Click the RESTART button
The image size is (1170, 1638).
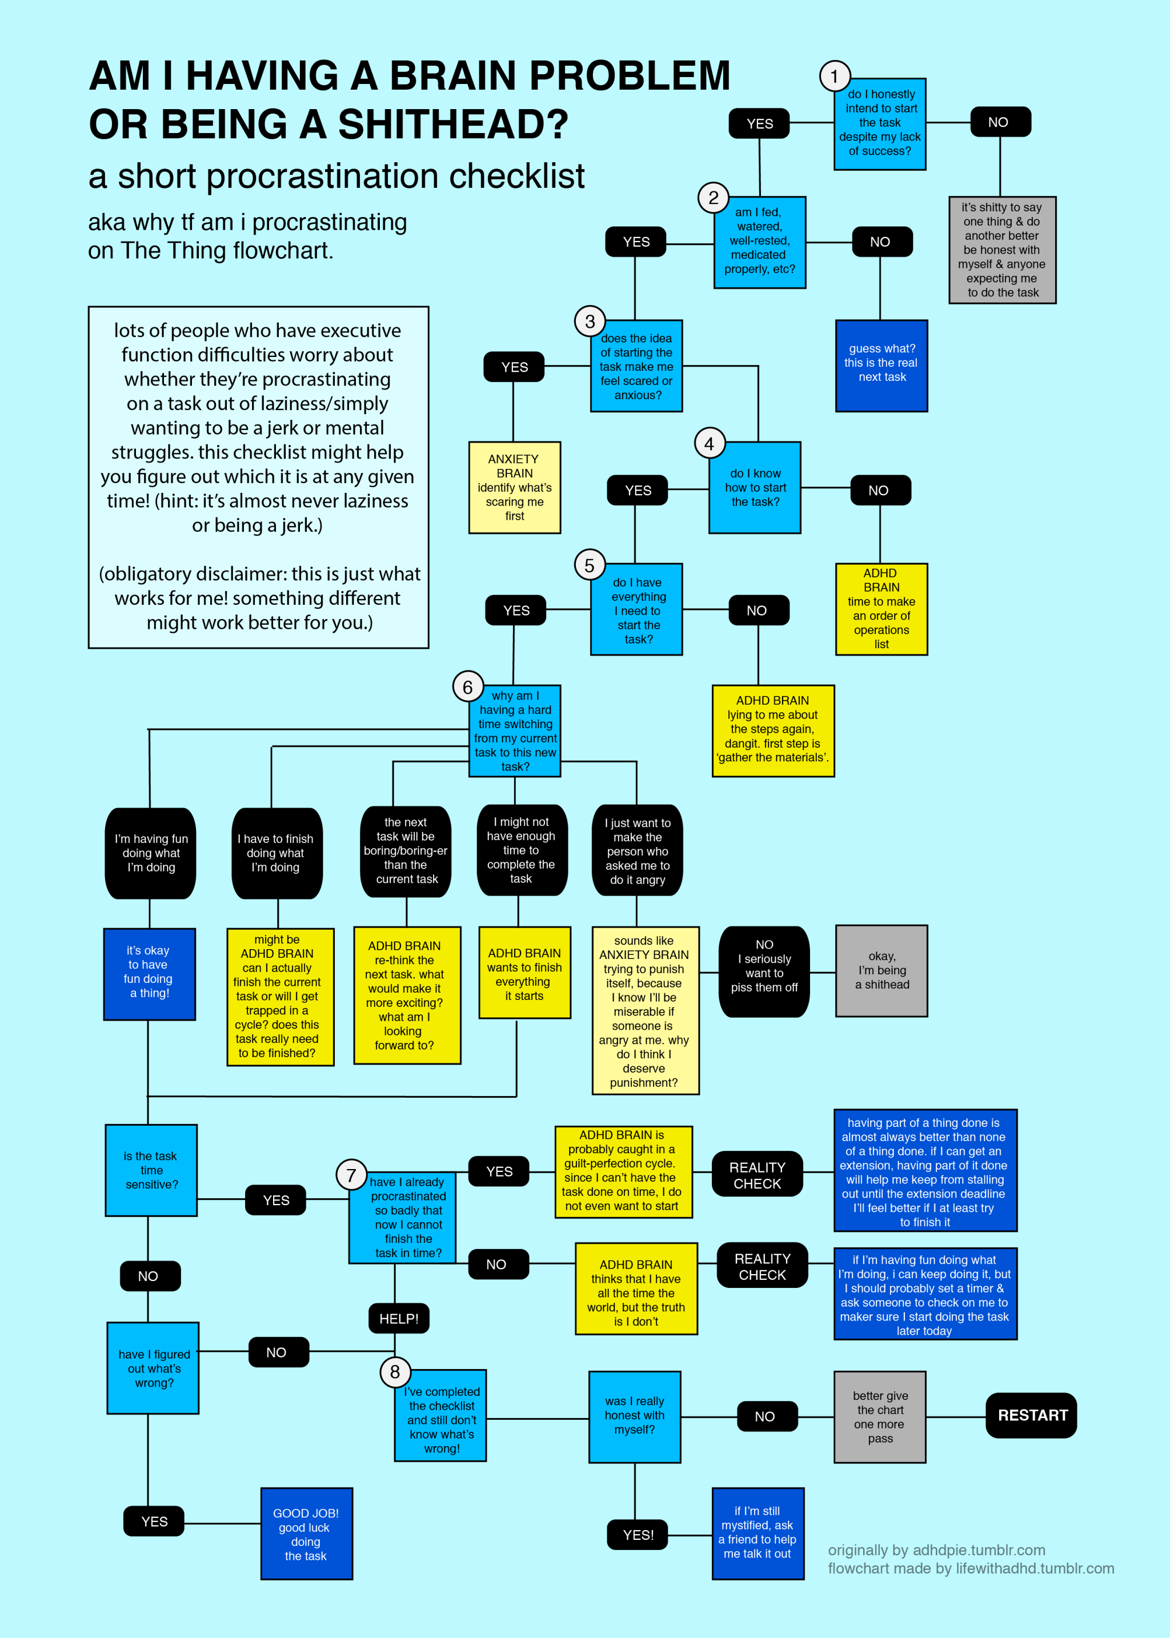point(1031,1415)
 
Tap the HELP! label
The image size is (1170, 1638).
point(398,1319)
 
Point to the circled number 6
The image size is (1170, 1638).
point(467,687)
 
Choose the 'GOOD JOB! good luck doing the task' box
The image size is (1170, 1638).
point(306,1534)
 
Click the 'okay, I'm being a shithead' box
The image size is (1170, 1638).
point(881,970)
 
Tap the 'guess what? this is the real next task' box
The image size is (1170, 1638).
point(881,365)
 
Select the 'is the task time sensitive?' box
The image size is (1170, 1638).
point(151,1170)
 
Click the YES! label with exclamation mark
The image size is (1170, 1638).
point(638,1535)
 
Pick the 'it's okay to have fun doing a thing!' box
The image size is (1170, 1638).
point(149,974)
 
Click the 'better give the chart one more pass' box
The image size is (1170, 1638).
point(880,1417)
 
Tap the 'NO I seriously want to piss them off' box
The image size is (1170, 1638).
point(764,971)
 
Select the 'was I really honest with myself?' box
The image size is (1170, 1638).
point(634,1417)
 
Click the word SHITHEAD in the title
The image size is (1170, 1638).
point(452,125)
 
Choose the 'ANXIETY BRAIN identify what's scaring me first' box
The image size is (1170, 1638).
point(514,488)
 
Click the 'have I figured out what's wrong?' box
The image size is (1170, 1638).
point(153,1368)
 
